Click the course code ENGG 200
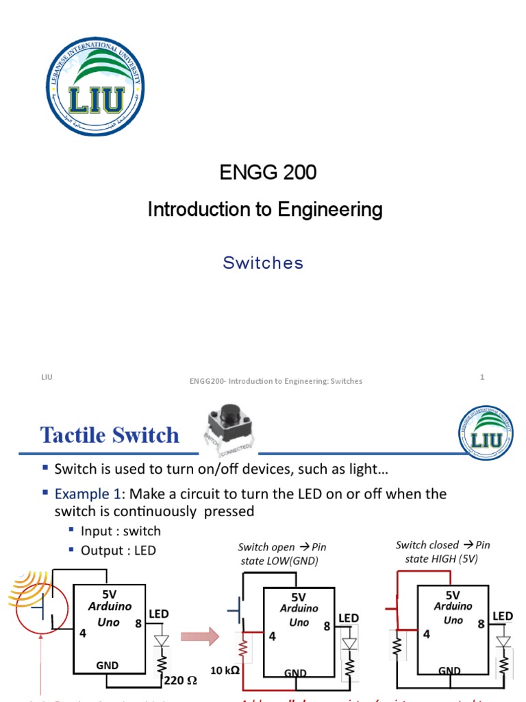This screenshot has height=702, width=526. tap(268, 173)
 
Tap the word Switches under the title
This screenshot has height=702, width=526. tap(263, 263)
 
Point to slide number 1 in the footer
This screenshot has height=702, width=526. tap(482, 377)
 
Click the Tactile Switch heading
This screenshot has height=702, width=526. tap(110, 435)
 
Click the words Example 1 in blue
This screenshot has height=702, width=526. tap(89, 494)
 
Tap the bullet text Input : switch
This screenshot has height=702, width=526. tap(121, 531)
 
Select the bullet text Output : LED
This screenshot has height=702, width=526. tap(118, 550)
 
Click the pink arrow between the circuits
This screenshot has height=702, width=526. tap(199, 637)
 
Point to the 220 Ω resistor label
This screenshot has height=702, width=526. tap(181, 681)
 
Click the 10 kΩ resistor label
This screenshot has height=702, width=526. tap(225, 670)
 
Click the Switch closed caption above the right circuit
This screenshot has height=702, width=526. tap(443, 551)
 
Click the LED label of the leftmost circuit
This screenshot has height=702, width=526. tap(159, 614)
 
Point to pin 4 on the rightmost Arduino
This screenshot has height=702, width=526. tap(426, 634)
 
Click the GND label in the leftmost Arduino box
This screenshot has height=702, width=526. tap(108, 665)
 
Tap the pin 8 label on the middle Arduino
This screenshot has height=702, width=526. tap(327, 626)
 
